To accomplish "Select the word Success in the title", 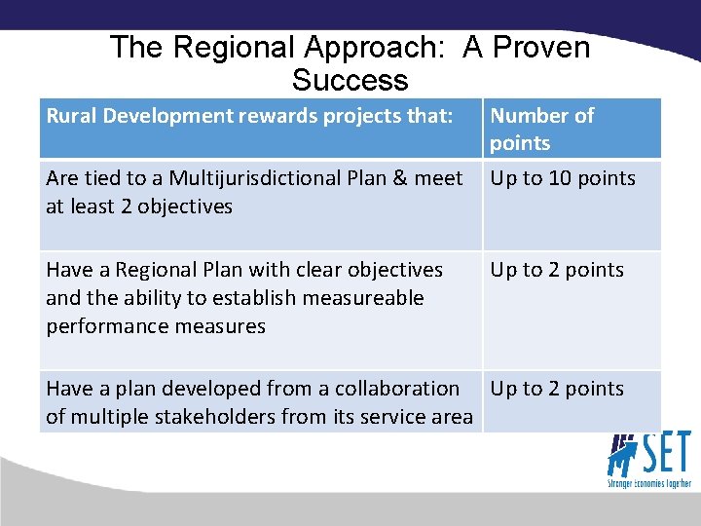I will (x=350, y=80).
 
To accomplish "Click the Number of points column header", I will (x=541, y=129).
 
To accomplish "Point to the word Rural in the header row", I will (x=70, y=116).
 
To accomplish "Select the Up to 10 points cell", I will (x=563, y=178).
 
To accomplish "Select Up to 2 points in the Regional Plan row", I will (x=557, y=270).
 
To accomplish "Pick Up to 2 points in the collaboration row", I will (x=557, y=389).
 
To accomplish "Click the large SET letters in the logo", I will (x=665, y=453).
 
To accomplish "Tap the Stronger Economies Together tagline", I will (x=649, y=483).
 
